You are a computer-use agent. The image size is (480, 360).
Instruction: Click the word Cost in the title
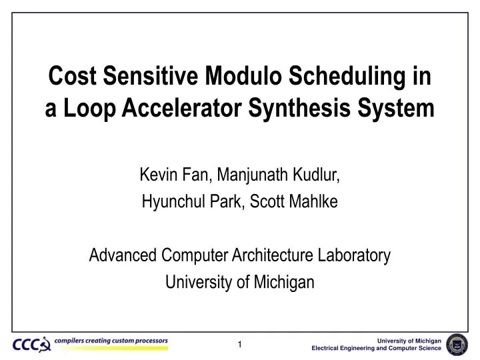[69, 78]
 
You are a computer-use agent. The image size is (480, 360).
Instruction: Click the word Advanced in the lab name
[123, 255]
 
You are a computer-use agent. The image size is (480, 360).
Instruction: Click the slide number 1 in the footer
[240, 345]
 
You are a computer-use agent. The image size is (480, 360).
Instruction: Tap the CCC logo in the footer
[31, 344]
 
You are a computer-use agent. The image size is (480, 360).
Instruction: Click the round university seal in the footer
[457, 343]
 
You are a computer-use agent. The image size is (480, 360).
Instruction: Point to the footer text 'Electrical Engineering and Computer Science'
[377, 349]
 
